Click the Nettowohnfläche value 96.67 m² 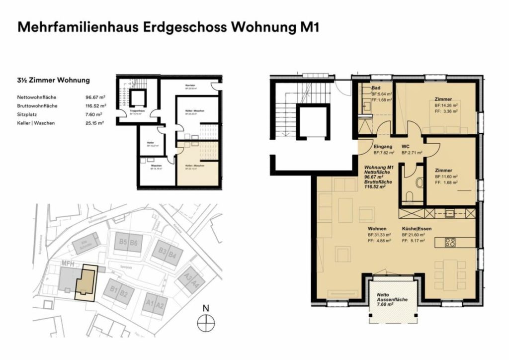[x=94, y=98]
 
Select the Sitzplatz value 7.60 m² [x=94, y=114]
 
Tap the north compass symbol [x=205, y=324]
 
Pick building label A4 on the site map [x=196, y=284]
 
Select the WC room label [x=405, y=147]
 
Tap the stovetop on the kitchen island [x=450, y=243]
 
